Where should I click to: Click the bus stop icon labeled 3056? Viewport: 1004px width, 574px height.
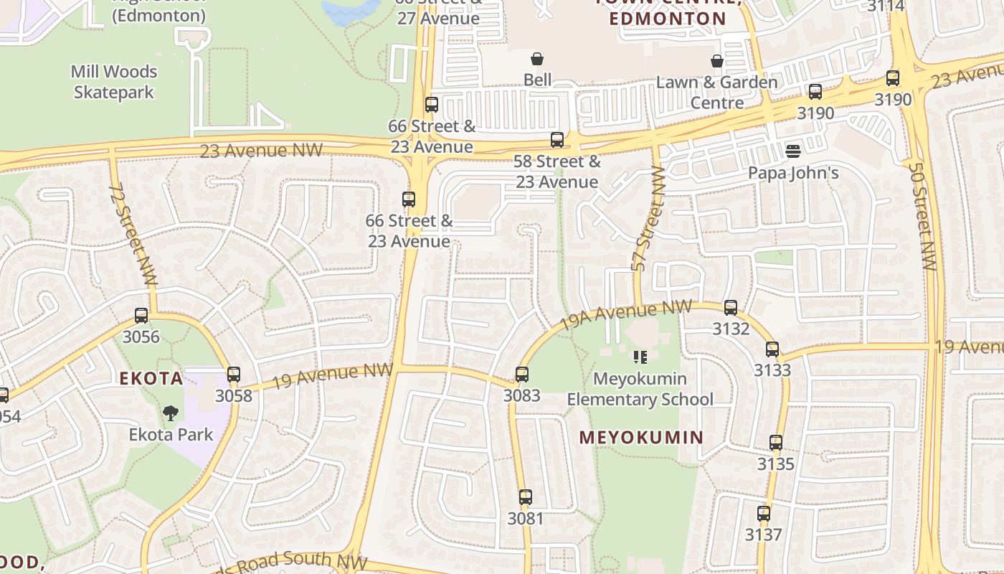141,315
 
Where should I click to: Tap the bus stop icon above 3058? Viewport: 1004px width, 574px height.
233,374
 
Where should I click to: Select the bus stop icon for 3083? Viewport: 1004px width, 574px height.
522,374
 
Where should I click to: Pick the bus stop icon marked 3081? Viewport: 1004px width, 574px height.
526,497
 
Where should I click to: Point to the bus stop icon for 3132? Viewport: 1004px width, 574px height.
731,308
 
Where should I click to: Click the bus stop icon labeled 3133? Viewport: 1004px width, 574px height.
772,349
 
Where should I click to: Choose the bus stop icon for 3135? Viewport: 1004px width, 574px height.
776,443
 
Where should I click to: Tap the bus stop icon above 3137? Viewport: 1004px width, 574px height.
764,514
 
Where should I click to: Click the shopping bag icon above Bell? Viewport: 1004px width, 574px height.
537,58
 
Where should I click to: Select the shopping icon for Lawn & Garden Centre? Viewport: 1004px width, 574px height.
716,60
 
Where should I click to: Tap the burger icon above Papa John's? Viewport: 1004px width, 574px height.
792,151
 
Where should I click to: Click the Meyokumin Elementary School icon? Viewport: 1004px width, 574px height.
640,357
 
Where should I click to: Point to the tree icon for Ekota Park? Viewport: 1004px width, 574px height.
171,413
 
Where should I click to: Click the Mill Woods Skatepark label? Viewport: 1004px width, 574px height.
114,82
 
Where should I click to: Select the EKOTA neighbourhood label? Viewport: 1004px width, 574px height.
151,379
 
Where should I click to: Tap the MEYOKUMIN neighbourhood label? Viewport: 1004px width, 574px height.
641,437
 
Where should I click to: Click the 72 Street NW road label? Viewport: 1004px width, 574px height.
133,235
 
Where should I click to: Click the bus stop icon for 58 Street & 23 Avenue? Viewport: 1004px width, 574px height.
557,140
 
